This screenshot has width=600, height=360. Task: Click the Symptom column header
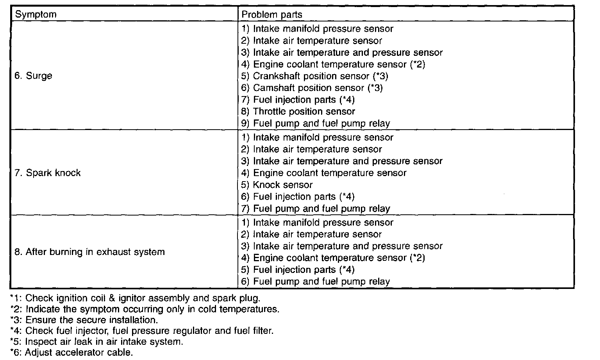coord(36,14)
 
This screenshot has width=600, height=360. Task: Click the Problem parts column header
coord(272,14)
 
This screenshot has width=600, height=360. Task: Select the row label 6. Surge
coord(33,76)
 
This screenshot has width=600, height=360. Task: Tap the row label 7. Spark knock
coord(47,173)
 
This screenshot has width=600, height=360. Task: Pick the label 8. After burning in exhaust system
coord(89,252)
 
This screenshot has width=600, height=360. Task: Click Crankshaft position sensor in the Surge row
coord(315,76)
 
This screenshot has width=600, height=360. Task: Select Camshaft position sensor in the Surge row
coord(312,88)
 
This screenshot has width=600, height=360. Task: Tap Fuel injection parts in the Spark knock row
coord(298,196)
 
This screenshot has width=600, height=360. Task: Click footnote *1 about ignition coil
coord(135,298)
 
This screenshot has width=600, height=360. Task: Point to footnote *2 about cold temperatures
coord(145,309)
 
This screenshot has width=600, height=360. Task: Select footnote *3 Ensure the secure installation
coord(84,320)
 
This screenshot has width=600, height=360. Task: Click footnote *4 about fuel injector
coord(142,331)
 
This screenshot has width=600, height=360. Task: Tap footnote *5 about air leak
coord(96,342)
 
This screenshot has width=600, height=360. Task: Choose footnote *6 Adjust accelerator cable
coord(72,353)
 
